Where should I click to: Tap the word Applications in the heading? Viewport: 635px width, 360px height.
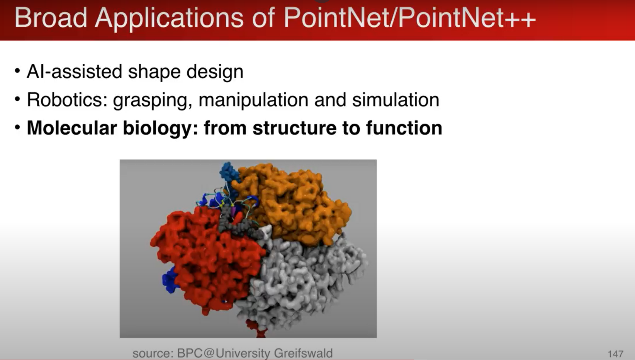point(169,18)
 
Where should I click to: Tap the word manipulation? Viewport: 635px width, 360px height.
point(253,100)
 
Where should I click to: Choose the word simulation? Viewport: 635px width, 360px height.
point(396,100)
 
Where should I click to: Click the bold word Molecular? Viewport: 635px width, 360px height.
point(71,128)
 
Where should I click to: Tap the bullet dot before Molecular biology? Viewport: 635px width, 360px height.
point(17,127)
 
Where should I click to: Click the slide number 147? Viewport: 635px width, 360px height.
point(615,354)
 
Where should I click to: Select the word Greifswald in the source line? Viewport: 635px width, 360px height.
point(303,353)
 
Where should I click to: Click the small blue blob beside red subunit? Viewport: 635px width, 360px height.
point(169,280)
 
